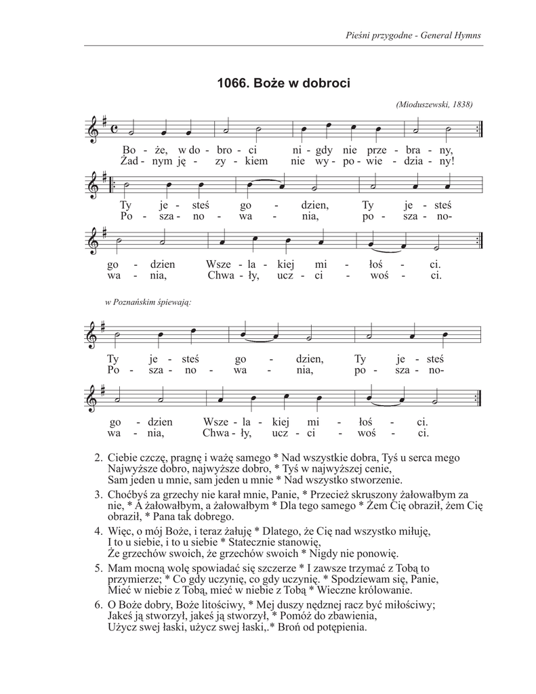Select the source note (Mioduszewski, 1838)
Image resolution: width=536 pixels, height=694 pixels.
[432, 104]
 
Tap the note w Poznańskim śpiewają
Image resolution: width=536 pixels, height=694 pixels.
[148, 302]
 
